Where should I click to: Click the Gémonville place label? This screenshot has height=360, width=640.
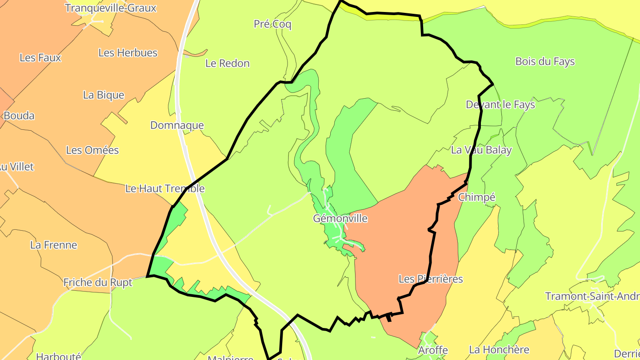340,218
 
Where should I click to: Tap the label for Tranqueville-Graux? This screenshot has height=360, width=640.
111,8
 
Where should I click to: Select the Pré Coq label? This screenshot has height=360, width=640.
272,24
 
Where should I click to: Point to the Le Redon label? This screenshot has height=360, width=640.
228,64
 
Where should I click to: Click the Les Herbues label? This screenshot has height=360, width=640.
128,53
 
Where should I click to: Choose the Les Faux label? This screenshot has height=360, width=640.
40,58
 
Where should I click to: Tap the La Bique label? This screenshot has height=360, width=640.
104,95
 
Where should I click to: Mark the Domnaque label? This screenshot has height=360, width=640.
177,125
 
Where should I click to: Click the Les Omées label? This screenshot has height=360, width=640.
92,150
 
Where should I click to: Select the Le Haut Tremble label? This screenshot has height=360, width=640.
165,188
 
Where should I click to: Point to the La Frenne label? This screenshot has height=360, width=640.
54,245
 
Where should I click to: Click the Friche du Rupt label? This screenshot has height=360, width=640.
98,283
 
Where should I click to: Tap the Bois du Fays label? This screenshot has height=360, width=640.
545,62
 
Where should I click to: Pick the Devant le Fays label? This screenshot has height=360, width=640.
500,105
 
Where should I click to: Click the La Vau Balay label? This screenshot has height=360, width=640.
481,150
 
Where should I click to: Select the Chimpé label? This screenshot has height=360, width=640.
476,197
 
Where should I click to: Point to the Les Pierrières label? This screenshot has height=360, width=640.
431,279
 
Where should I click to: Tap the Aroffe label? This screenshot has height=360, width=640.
433,350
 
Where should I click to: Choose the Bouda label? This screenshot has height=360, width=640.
19,116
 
